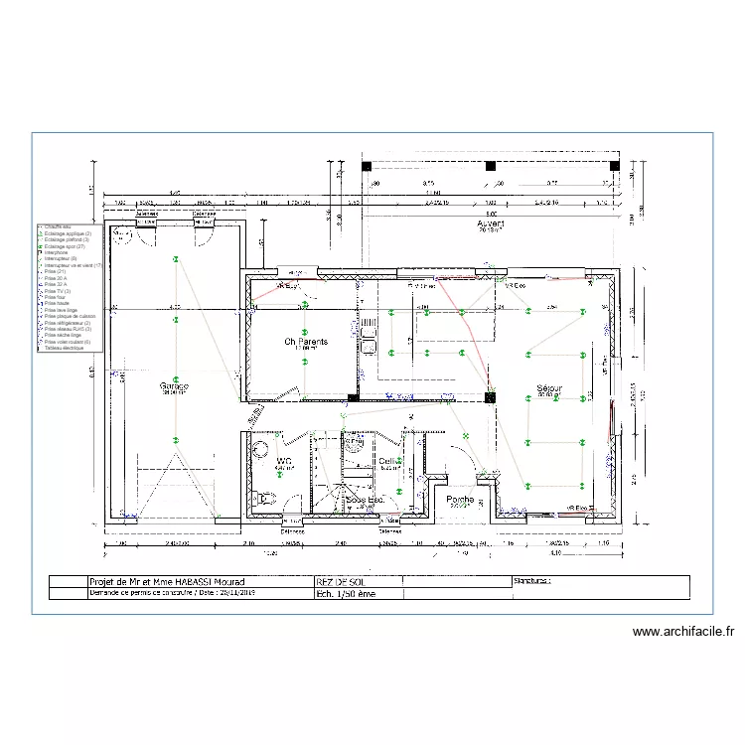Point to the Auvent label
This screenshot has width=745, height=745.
point(491,225)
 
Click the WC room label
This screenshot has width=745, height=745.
point(283,461)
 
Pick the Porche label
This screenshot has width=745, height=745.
point(459,500)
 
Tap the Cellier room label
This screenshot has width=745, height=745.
point(388,462)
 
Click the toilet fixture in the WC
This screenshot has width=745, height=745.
point(262,500)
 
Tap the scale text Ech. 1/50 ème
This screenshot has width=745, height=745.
point(346,593)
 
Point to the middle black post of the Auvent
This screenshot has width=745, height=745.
point(490,166)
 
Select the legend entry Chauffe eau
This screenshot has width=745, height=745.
point(57,226)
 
